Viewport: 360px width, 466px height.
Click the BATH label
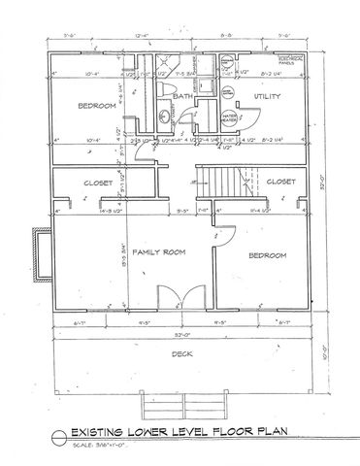coord(182,97)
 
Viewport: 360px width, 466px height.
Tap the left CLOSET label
coord(99,182)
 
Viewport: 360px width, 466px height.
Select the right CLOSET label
coord(280,181)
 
